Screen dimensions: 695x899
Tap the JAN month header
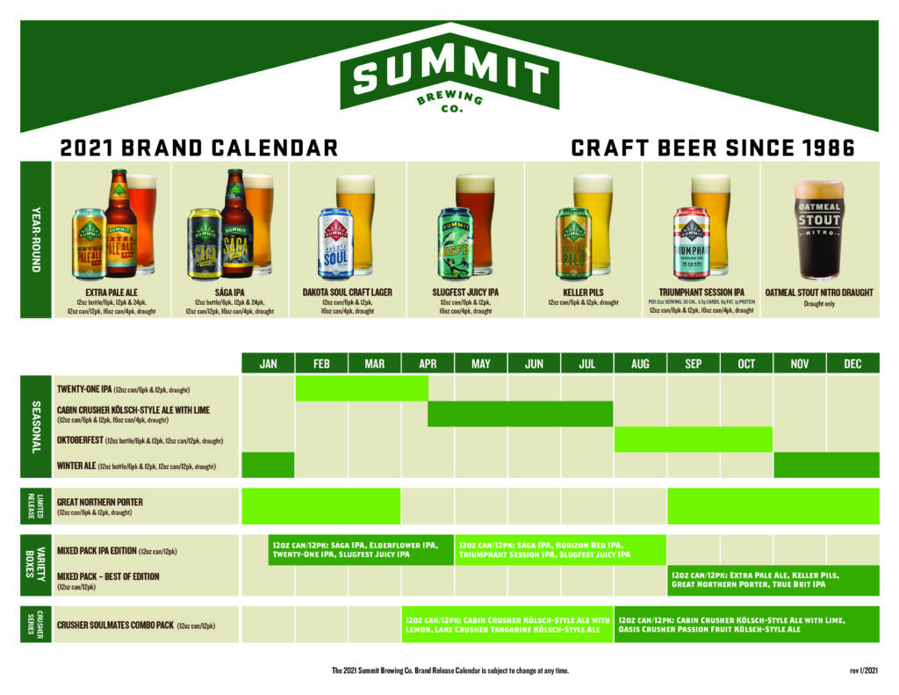[x=268, y=363]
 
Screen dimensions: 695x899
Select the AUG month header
[x=640, y=363]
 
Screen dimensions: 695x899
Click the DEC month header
[x=852, y=363]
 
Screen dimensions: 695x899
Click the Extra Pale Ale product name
[x=111, y=292]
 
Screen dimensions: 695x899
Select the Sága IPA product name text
[x=230, y=292]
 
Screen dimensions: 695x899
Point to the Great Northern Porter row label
[x=99, y=502]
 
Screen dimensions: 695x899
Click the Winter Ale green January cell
[x=268, y=465]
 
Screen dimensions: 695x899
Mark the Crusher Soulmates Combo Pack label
[x=114, y=626]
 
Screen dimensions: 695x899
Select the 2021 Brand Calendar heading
[x=198, y=148]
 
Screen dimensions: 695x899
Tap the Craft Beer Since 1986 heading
[x=712, y=148]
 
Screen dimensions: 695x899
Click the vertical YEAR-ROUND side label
[x=36, y=239]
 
